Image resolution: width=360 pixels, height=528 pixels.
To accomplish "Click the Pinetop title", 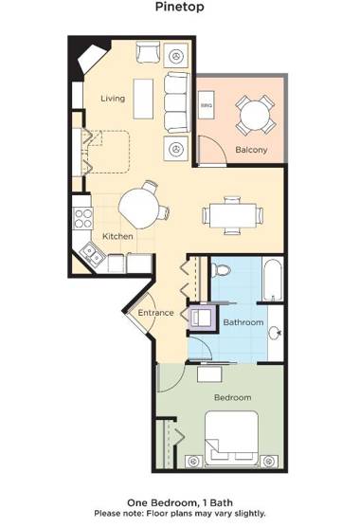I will (180, 7).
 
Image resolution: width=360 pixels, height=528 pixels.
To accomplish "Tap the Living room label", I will (114, 99).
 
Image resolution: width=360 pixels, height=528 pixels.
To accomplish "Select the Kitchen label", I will (117, 236).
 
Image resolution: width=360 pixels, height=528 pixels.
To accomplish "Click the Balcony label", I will (251, 150).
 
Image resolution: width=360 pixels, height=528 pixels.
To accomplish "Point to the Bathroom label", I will (243, 322).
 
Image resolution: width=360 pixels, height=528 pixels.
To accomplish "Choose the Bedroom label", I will (232, 397).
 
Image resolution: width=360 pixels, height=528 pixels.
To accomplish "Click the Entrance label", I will (155, 313).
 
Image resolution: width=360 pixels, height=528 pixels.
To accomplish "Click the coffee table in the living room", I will (143, 96).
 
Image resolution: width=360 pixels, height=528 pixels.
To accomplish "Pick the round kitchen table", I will (139, 204).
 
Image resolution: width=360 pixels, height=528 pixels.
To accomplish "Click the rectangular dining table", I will (232, 214).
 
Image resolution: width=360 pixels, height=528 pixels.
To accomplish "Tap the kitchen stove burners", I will (82, 220).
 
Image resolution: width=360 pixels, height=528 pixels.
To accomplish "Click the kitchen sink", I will (92, 252).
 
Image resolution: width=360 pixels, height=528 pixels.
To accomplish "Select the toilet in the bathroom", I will (222, 269).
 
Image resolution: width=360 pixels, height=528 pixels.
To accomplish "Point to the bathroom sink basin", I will (274, 333).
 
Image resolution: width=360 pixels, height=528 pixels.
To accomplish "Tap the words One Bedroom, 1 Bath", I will (180, 503).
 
